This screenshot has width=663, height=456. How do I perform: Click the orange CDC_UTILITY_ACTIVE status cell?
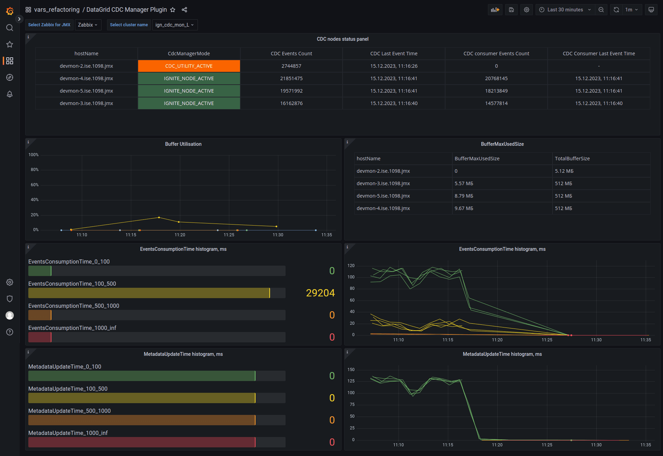click(x=189, y=66)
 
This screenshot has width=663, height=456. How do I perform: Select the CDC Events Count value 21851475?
click(x=291, y=78)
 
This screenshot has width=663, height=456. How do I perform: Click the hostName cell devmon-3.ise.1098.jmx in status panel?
click(x=86, y=103)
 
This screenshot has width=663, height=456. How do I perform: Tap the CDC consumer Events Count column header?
click(x=496, y=54)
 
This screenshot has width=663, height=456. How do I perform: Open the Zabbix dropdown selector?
click(x=88, y=25)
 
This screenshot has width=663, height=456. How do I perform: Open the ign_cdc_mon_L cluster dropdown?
click(x=174, y=25)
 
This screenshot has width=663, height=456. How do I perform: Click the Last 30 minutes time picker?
click(x=565, y=10)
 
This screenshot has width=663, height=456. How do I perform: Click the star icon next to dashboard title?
click(x=173, y=10)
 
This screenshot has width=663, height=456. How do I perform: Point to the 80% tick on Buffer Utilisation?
click(x=35, y=170)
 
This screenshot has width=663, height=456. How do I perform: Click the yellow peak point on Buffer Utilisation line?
click(x=159, y=217)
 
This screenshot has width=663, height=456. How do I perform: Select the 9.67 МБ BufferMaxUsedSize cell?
click(x=464, y=208)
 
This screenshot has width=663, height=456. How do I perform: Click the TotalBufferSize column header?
click(x=572, y=159)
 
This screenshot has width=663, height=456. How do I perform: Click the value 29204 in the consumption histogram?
click(x=320, y=293)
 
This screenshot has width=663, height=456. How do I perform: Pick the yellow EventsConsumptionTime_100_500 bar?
click(x=148, y=293)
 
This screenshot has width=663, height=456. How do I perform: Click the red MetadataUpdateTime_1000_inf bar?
click(x=142, y=442)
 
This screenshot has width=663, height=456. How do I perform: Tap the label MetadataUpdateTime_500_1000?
click(x=69, y=411)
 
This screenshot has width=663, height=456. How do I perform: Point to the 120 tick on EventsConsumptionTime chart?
click(x=351, y=266)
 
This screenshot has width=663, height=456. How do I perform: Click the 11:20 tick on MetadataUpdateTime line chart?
click(x=497, y=445)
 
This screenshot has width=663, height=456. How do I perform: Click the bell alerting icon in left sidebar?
click(x=10, y=94)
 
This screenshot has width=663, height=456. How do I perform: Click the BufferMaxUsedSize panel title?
click(x=502, y=144)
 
